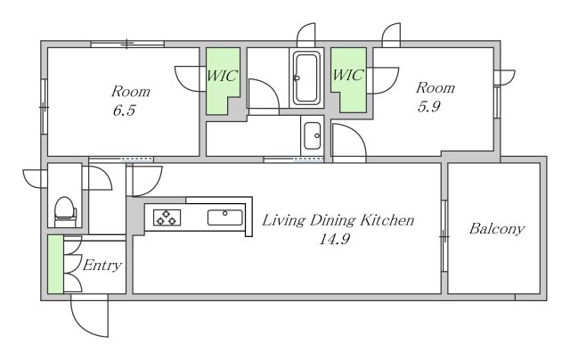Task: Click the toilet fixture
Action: (x=65, y=212)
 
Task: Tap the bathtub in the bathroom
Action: (x=306, y=78)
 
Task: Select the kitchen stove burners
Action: (x=167, y=217)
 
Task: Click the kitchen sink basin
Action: (x=224, y=217)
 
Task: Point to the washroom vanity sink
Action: (x=313, y=136)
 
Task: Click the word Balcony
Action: (x=497, y=229)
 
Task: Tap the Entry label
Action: (x=102, y=265)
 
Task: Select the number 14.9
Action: (x=335, y=240)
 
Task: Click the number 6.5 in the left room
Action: (x=124, y=110)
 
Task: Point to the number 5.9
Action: (x=429, y=107)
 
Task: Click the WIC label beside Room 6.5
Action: (x=222, y=76)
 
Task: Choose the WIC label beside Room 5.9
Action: (x=348, y=75)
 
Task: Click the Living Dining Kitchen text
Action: (x=338, y=220)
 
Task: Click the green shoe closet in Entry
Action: (x=55, y=264)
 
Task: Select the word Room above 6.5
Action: (x=131, y=91)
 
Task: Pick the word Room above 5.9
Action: (x=436, y=87)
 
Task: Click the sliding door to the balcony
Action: (x=444, y=236)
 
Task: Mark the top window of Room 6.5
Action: (x=127, y=44)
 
